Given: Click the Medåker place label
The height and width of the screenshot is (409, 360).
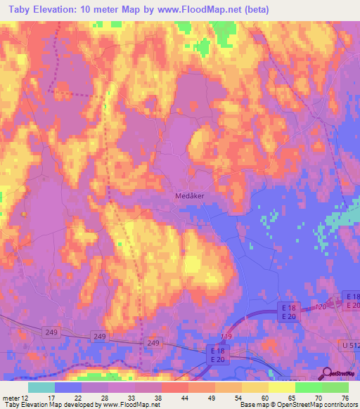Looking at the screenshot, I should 189,197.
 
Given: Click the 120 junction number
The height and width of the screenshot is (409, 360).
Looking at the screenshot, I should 321,308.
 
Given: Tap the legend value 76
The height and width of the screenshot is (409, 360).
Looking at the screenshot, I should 345,398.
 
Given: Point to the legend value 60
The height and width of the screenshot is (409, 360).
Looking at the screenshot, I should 265,398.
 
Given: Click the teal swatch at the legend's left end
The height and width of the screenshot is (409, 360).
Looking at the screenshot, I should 41,387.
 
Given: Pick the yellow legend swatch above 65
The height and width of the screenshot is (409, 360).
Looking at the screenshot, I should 281,387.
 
